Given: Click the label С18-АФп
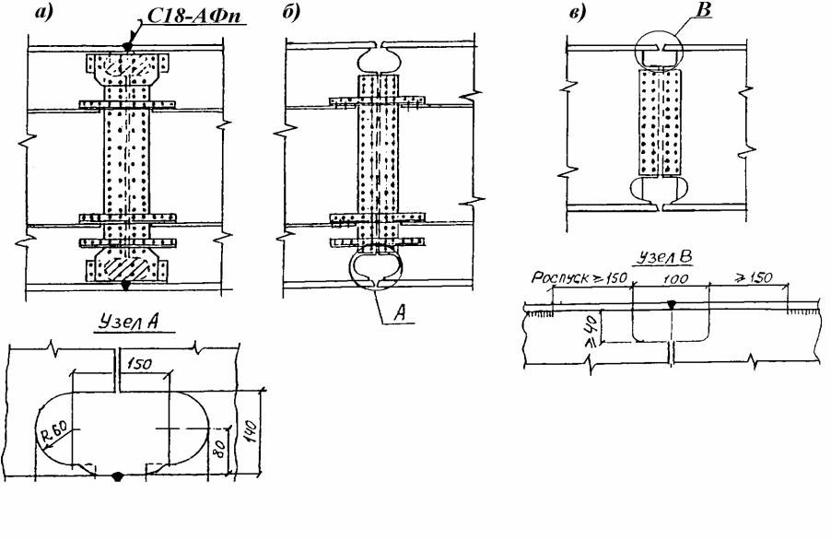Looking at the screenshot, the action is [193, 16].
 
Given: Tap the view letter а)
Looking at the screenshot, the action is [44, 13].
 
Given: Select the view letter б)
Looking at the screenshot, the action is [290, 13].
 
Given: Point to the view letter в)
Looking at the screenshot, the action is [579, 13].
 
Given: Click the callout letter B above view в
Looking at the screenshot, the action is [705, 9].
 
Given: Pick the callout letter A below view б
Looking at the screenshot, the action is [400, 313].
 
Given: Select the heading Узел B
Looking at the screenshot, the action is [663, 257].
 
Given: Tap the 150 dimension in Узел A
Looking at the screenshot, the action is [139, 364].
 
